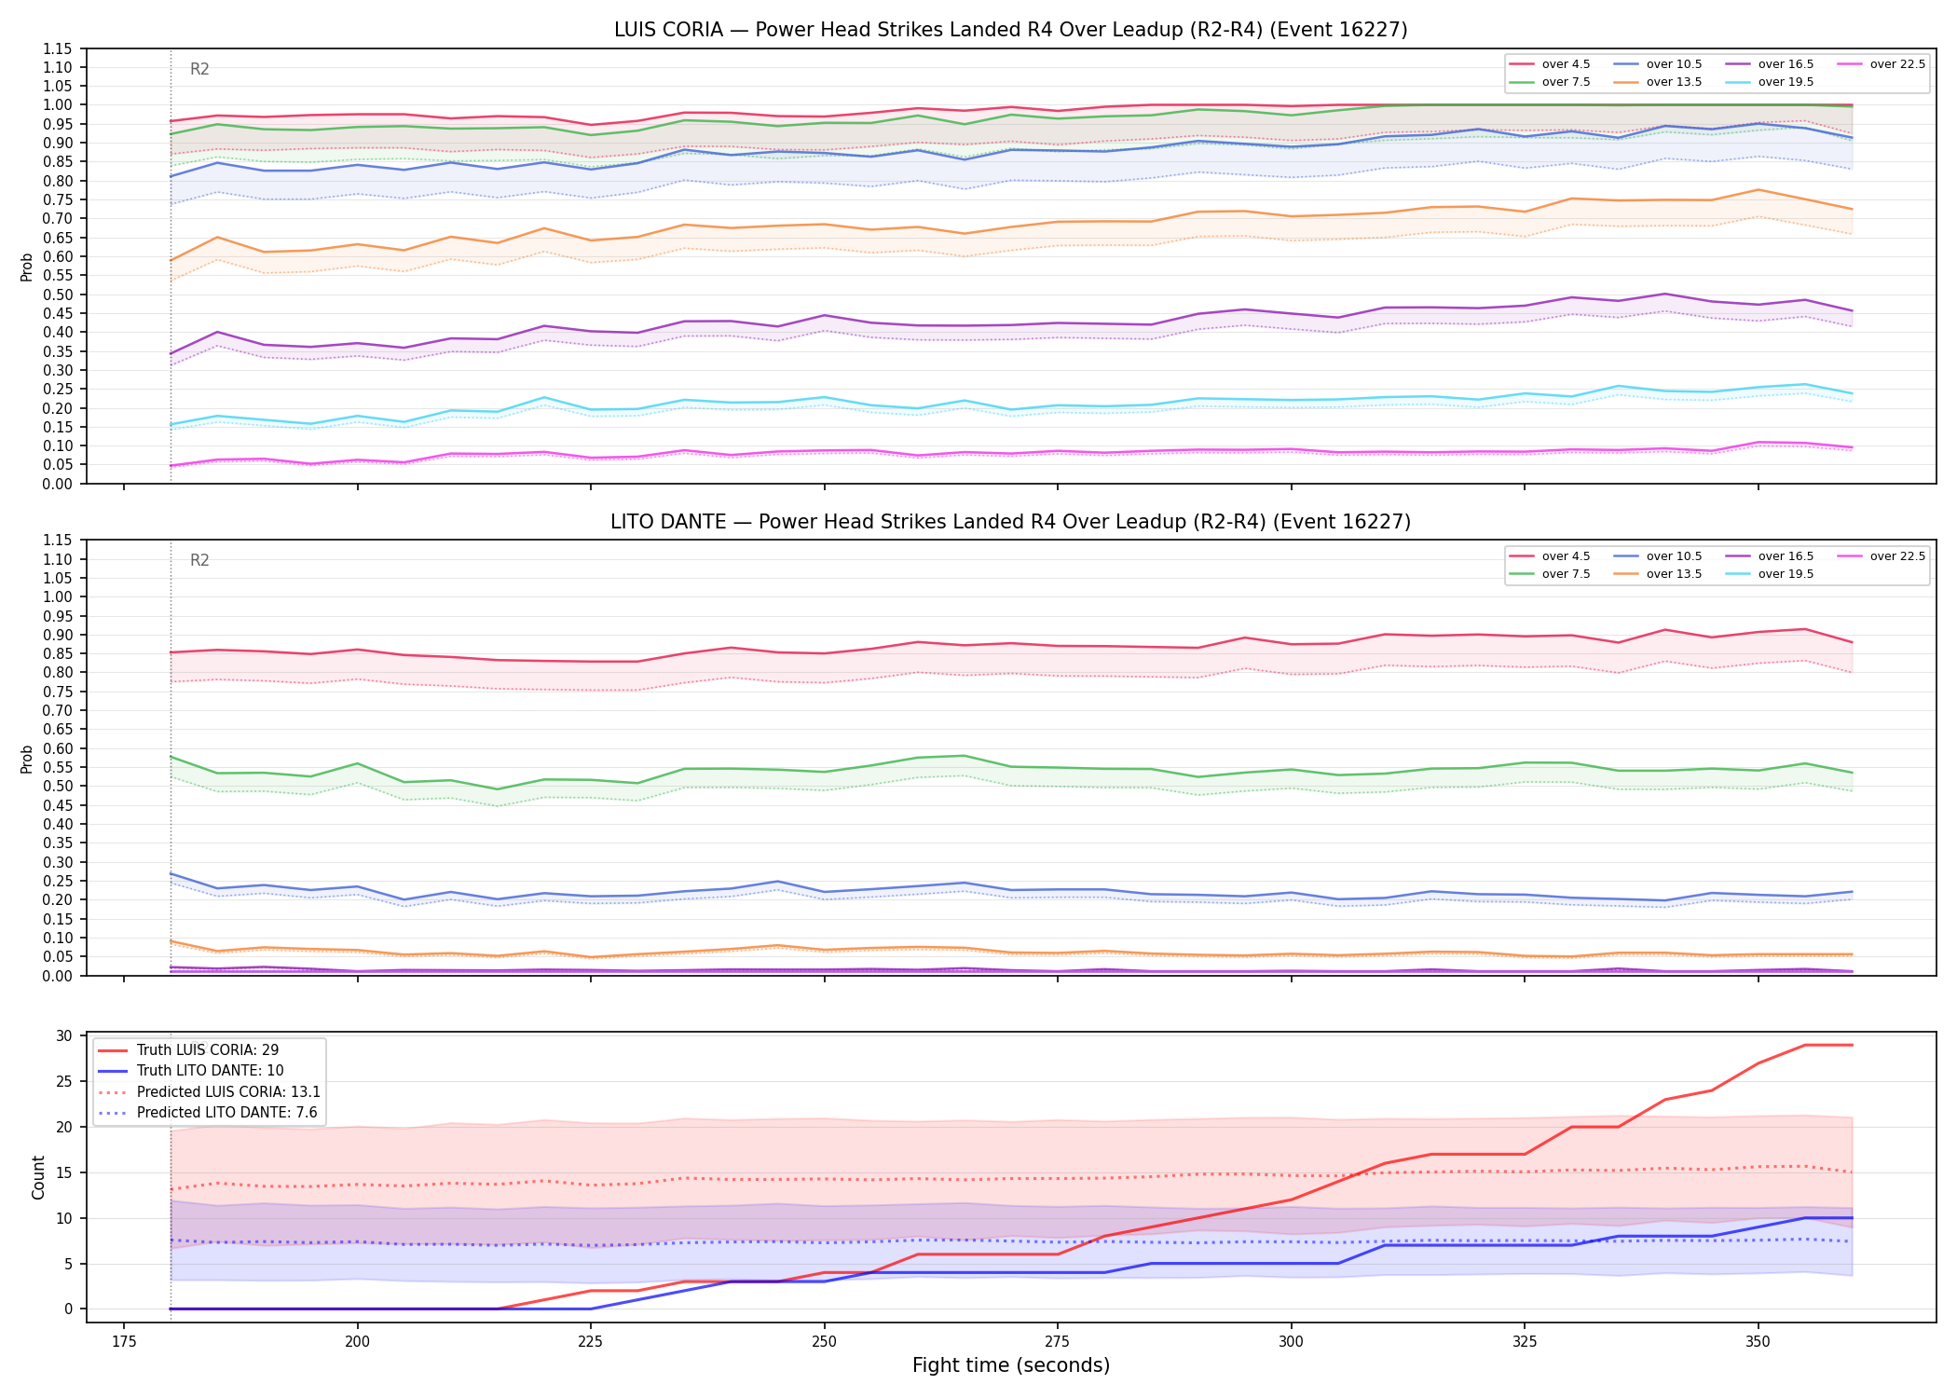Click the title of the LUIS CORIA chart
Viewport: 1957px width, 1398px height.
1010,30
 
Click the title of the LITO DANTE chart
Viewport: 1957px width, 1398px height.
1010,522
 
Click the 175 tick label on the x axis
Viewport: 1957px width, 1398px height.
124,1342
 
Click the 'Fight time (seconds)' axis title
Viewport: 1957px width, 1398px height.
1011,1365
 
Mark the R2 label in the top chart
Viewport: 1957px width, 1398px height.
199,69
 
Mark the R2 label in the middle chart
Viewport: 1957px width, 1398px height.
199,560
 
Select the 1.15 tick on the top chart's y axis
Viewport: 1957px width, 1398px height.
58,48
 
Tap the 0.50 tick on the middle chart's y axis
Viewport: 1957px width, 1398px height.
58,786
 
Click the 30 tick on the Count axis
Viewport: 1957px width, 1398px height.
64,1036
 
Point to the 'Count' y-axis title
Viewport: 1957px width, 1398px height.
38,1177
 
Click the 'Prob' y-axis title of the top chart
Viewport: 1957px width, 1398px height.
27,267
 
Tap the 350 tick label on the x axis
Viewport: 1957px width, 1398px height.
1758,1342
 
